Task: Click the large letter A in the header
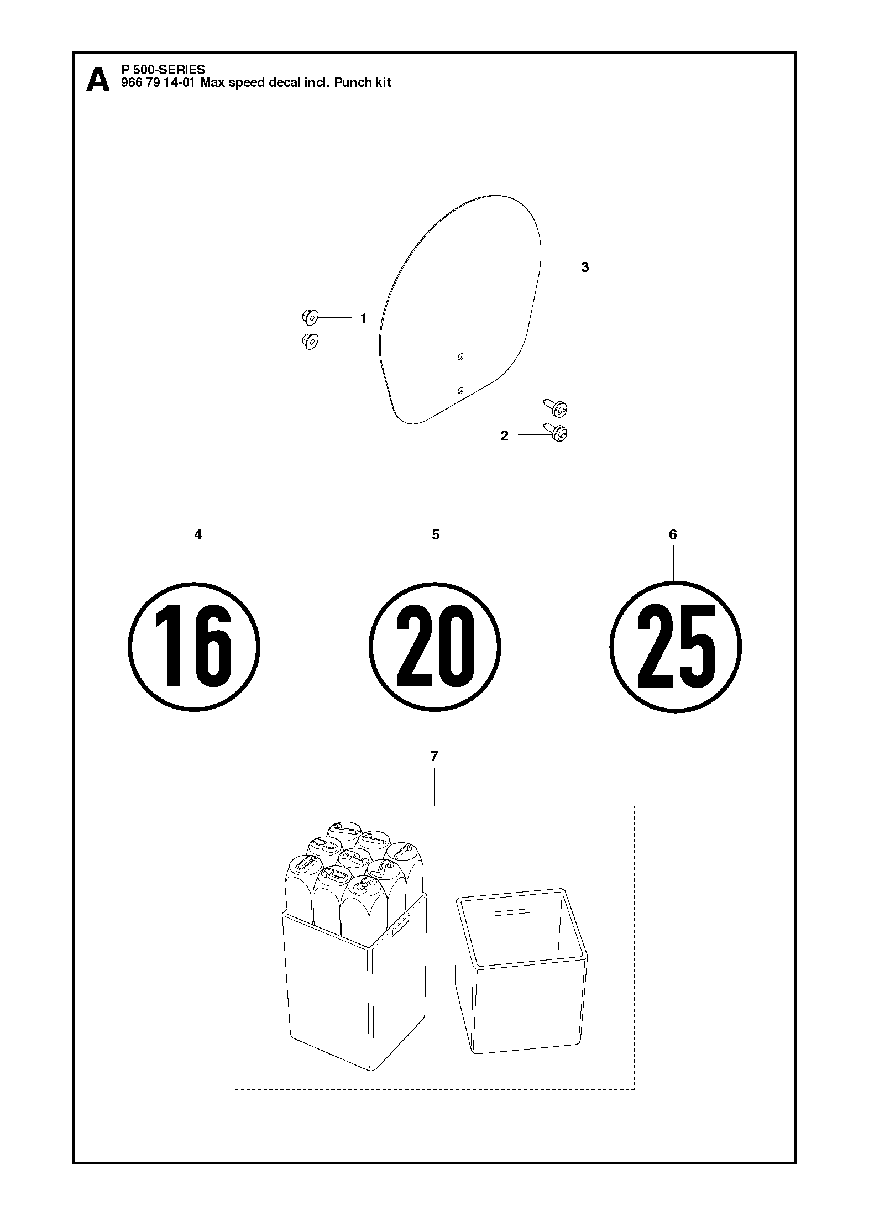click(98, 80)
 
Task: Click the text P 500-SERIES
click(163, 70)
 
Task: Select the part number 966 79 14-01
click(158, 83)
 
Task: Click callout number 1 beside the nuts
click(363, 319)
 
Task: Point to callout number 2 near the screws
click(504, 436)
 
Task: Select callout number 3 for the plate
click(585, 267)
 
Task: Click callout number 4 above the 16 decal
click(198, 534)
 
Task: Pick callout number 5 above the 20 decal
click(436, 534)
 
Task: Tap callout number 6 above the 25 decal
click(673, 534)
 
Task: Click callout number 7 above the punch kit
click(434, 756)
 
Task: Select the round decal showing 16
click(194, 647)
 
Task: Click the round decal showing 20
click(435, 647)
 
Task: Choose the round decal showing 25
click(676, 647)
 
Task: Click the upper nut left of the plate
click(310, 318)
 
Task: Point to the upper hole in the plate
click(460, 358)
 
